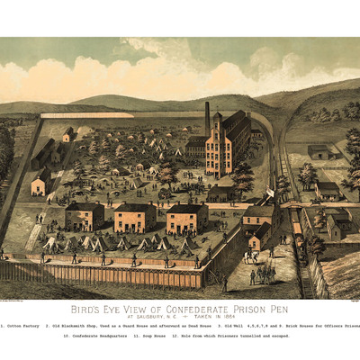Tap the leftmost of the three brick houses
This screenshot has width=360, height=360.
coord(85,217)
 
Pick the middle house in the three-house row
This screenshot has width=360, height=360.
coord(135,217)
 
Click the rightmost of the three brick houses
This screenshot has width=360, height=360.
coord(187,219)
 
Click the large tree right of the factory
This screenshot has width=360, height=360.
coord(243,175)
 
